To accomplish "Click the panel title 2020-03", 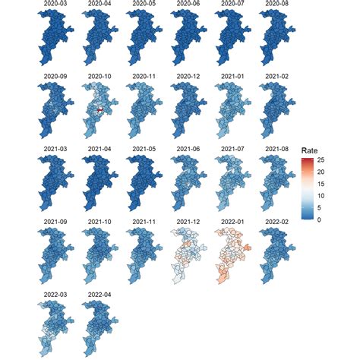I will (x=55, y=4).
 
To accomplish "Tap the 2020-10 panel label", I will (x=99, y=77).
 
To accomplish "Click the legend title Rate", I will (x=308, y=150).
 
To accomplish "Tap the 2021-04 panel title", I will (x=99, y=148).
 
